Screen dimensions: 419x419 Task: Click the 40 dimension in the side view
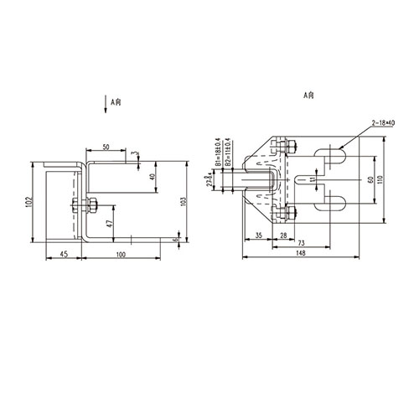click(x=152, y=177)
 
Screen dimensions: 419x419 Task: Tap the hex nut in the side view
click(x=91, y=204)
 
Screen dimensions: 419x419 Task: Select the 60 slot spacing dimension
click(x=370, y=179)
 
